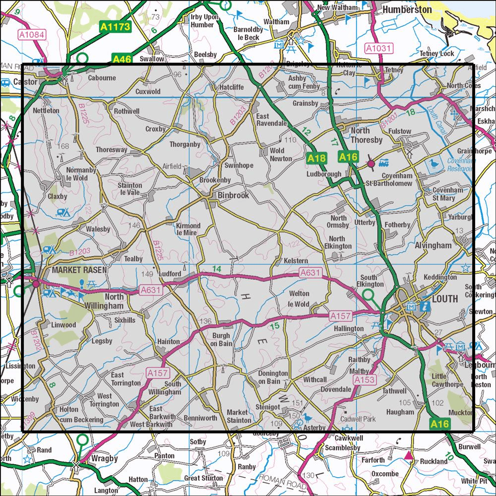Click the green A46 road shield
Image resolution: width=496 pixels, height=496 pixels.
122,60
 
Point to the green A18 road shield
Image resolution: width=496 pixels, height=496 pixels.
316,158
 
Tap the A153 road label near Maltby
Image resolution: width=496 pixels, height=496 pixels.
364,380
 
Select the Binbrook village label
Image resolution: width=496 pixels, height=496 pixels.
233,196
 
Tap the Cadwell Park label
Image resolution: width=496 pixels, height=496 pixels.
358,419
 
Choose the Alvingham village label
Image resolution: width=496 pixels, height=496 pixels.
433,246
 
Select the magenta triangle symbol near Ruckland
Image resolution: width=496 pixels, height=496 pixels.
408,455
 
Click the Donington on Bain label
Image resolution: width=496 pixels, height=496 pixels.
273,377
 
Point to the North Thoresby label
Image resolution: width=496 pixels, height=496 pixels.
367,135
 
